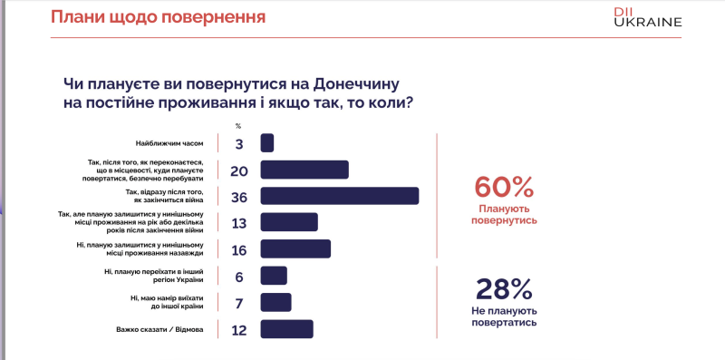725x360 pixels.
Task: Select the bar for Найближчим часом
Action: tap(267, 143)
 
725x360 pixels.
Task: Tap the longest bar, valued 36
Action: tap(339, 196)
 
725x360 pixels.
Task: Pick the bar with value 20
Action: tap(304, 170)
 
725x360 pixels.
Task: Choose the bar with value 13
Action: tap(289, 222)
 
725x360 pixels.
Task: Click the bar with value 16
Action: tap(295, 248)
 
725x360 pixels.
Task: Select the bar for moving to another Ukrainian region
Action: tap(274, 276)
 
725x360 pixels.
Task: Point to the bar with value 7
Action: tap(275, 302)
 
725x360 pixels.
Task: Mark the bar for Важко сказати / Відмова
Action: tap(286, 328)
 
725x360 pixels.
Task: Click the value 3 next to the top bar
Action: tap(239, 143)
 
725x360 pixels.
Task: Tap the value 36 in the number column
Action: tap(239, 196)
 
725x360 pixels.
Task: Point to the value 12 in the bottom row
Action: tap(239, 329)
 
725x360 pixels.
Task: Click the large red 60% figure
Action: tap(504, 188)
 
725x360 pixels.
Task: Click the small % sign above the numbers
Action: tap(239, 125)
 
